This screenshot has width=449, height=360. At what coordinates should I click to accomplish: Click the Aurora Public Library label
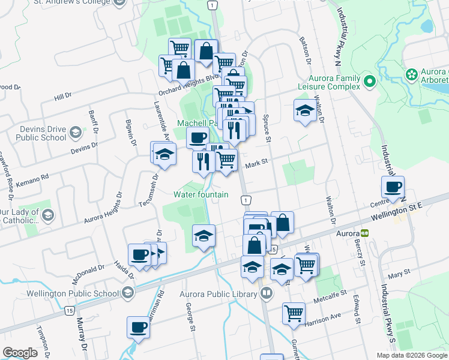point(218,294)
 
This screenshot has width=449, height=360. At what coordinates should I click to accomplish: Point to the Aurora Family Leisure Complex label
point(334,82)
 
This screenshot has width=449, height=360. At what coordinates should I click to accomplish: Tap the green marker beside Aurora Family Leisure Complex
point(369,81)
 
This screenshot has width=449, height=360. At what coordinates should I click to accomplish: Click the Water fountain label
point(201,194)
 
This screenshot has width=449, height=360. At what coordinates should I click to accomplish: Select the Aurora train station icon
point(364,232)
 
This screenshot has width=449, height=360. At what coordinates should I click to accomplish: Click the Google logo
point(20,352)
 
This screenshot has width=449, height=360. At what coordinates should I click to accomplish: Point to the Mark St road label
point(256,162)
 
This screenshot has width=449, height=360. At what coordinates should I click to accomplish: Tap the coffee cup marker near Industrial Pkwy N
point(393,187)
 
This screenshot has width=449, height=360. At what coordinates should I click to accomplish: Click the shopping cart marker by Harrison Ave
point(294,313)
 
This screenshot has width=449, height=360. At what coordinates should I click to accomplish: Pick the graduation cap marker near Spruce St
point(305,110)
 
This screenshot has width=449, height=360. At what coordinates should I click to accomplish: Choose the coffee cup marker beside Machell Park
point(197,138)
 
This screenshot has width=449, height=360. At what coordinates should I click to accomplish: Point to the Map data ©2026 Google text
point(411,355)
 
